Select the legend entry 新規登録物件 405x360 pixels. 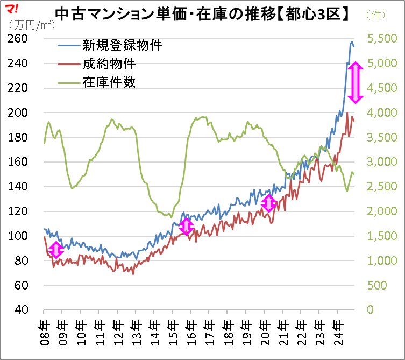(x=122, y=45)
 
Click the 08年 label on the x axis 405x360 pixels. (x=44, y=329)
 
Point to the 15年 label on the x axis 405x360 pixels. (x=172, y=329)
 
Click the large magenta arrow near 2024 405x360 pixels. (x=356, y=82)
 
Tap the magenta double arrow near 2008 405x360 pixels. (x=56, y=249)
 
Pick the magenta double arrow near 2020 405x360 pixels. (x=269, y=203)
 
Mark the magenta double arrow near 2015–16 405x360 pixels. (x=186, y=226)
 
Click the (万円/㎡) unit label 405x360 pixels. (x=31, y=25)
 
